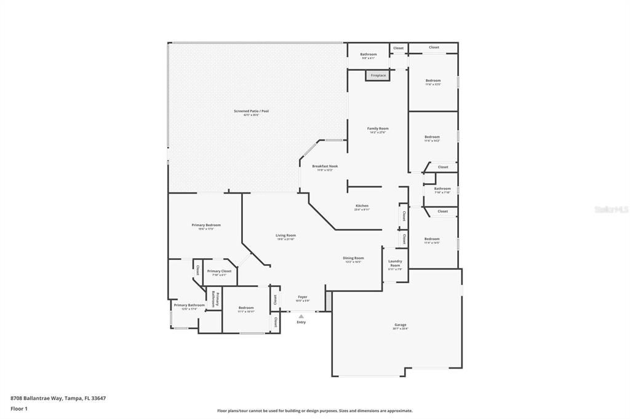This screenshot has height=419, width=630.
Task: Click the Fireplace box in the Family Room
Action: point(378,76)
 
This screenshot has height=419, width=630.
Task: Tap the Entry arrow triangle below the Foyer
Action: point(301,316)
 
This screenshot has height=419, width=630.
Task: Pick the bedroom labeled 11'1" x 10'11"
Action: point(246,309)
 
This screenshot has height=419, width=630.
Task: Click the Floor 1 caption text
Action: point(19,409)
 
